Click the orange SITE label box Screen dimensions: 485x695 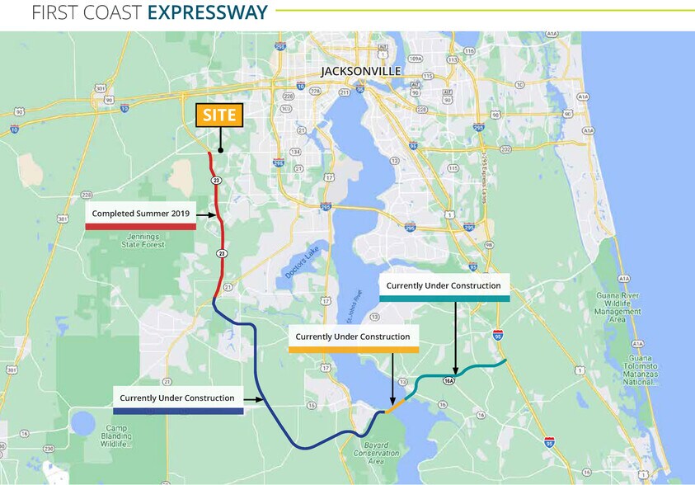219,115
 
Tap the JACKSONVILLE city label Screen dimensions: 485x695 361,72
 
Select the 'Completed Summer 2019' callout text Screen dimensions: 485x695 141,214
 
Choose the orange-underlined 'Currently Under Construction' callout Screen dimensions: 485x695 353,337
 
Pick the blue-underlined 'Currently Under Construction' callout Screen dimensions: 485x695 177,398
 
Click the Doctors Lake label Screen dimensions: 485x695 301,265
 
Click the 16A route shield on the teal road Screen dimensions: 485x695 449,380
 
